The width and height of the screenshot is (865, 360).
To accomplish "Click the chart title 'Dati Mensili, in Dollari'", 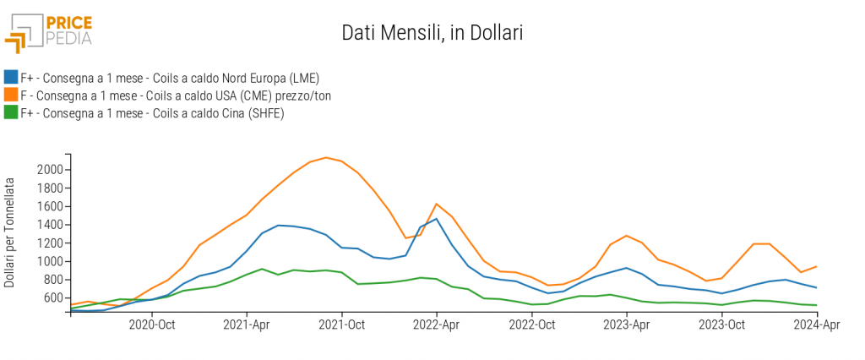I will tap(432, 33).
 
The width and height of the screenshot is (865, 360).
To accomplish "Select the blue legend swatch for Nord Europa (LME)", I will tap(11, 79).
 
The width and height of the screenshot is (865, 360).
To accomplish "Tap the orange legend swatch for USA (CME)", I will tap(11, 95).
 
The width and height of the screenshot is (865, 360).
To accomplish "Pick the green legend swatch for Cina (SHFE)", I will tap(11, 112).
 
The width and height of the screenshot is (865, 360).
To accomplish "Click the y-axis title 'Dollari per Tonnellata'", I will tap(10, 232).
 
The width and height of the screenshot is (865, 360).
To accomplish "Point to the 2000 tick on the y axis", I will tap(51, 170).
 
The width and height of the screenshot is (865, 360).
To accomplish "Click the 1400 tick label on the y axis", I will tap(51, 225).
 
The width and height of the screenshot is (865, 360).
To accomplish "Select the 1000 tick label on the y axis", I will tap(51, 261).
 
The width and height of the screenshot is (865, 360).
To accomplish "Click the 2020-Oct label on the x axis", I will tap(152, 325).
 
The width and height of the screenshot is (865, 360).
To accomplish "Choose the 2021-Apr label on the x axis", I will tap(247, 325).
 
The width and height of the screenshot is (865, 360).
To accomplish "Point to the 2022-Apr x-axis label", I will tap(437, 325).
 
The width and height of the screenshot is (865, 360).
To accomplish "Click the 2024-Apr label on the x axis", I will tap(816, 325).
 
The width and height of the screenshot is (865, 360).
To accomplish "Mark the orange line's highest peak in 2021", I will tap(326, 157).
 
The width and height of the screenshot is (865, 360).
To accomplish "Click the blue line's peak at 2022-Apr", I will tap(437, 219).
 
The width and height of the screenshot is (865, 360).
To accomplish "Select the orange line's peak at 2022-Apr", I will tap(436, 204).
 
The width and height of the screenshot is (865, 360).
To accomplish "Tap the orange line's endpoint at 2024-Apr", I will tap(816, 266).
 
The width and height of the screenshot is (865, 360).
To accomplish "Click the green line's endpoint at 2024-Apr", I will tap(816, 305).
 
